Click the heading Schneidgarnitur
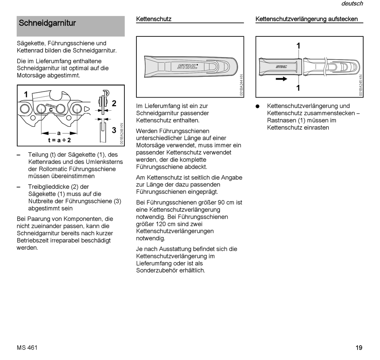coord(47,23)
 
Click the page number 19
coord(359,348)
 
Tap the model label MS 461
coord(27,348)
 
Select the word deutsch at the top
coord(352,4)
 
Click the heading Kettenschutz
coord(154,19)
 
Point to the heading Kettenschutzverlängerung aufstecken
coord(306,19)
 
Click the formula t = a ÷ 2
coord(59,140)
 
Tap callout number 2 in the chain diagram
coord(114,103)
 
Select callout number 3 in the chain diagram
coord(114,130)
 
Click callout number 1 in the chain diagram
coord(26,95)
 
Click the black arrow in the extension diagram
coord(282,79)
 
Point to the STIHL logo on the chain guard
coord(188,66)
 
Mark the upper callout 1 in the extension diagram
coord(298,46)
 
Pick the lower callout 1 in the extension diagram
coord(298,88)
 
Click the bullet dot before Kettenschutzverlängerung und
coord(258,106)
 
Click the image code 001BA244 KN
coord(241,85)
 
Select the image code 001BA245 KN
coord(360,85)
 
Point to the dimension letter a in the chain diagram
coord(59,133)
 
